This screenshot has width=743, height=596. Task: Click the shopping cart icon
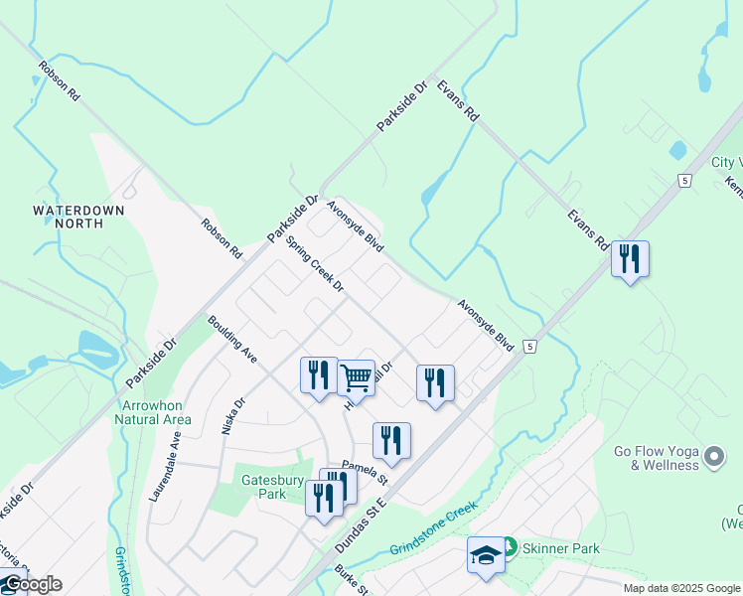pos(356,377)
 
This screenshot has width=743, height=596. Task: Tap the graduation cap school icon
pos(486,555)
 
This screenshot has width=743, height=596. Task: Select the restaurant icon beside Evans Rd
pos(630,260)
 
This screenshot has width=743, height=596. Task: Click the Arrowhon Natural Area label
pos(155,413)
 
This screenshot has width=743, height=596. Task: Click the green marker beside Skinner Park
pos(509,546)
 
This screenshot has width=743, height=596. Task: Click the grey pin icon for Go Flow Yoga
pos(714,457)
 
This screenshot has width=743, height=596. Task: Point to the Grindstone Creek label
pos(434,526)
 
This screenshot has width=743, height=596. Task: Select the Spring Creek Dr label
pos(314,263)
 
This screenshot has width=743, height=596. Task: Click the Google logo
pos(32,584)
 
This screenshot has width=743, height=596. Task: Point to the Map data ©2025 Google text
pos(682,588)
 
